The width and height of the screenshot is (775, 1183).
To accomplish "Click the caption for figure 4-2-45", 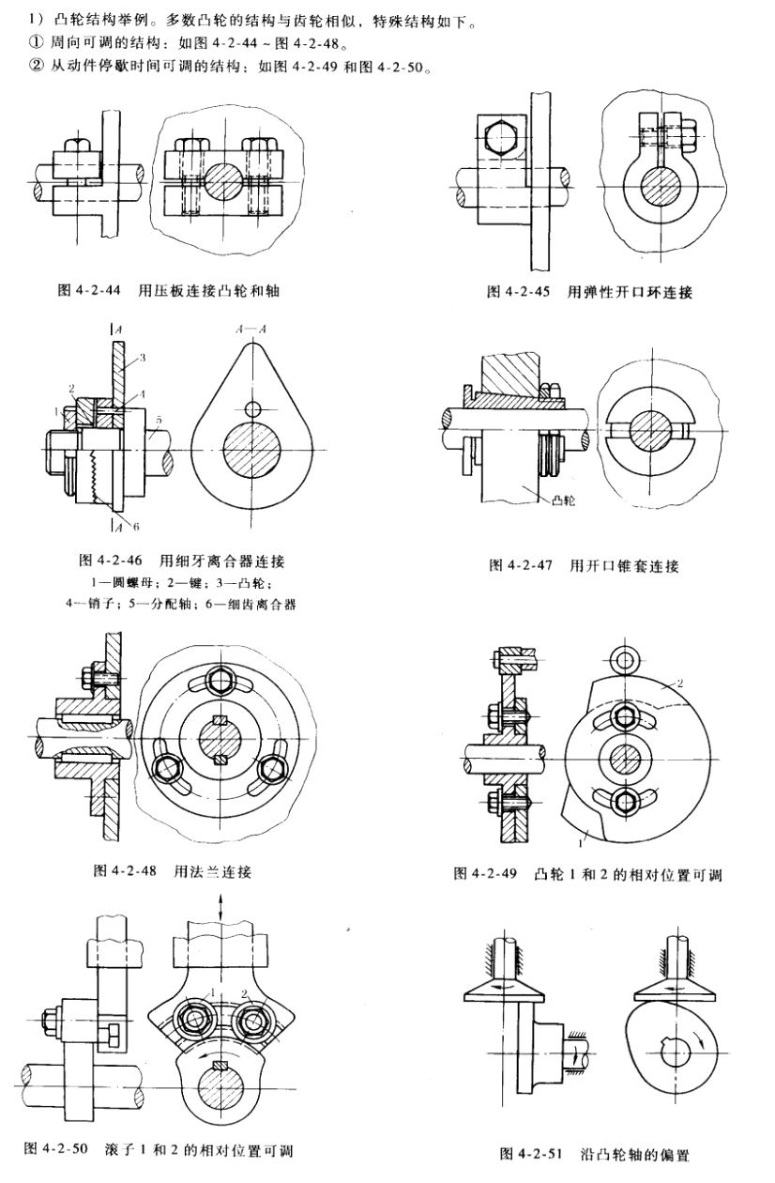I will (x=588, y=292).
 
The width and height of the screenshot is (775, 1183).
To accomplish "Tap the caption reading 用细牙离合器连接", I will (x=182, y=561).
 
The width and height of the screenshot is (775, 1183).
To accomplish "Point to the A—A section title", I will (x=251, y=330).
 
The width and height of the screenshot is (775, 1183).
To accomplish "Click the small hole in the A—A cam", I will (x=251, y=408).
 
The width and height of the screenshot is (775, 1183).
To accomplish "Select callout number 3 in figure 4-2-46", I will (x=142, y=357).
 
